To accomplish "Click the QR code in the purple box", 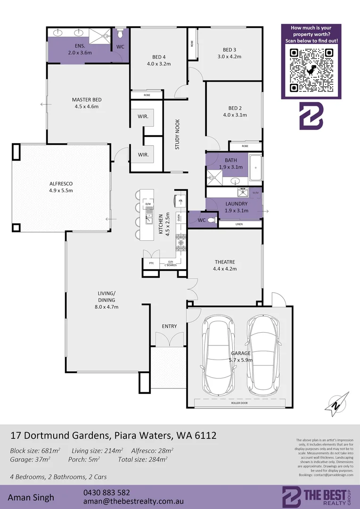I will coord(311,71).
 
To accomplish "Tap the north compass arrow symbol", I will coord(337,402).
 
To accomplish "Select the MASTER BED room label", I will coord(87,100).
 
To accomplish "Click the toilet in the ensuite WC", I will coord(120,34).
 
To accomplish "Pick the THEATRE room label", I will coord(225,262).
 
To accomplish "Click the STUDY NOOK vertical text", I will coord(178,134).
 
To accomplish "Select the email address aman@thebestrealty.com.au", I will coord(133,502).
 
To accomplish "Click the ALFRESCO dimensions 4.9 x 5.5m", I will coord(61,190).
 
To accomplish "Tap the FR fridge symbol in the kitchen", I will coord(180,201).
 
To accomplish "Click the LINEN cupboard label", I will coord(239,224).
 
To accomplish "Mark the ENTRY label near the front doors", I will coord(169,326).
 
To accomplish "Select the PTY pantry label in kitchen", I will coord(151,263).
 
